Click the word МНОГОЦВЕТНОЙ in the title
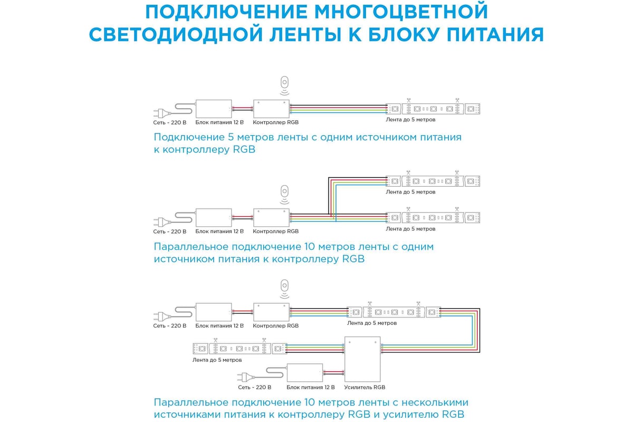(x=401, y=12)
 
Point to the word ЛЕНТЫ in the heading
(x=308, y=35)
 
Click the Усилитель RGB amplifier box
(x=362, y=359)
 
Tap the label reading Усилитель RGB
(x=365, y=387)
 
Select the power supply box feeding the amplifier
(x=305, y=372)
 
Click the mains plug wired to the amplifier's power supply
(x=245, y=377)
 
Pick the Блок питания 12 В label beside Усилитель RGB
(x=311, y=387)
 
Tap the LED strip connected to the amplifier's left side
(x=240, y=349)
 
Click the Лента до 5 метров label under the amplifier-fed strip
(x=217, y=360)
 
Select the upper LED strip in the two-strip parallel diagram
(x=433, y=181)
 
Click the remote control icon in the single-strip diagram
(x=284, y=85)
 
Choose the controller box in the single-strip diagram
(x=271, y=109)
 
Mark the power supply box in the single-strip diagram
(x=214, y=109)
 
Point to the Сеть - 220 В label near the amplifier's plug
(x=255, y=387)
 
